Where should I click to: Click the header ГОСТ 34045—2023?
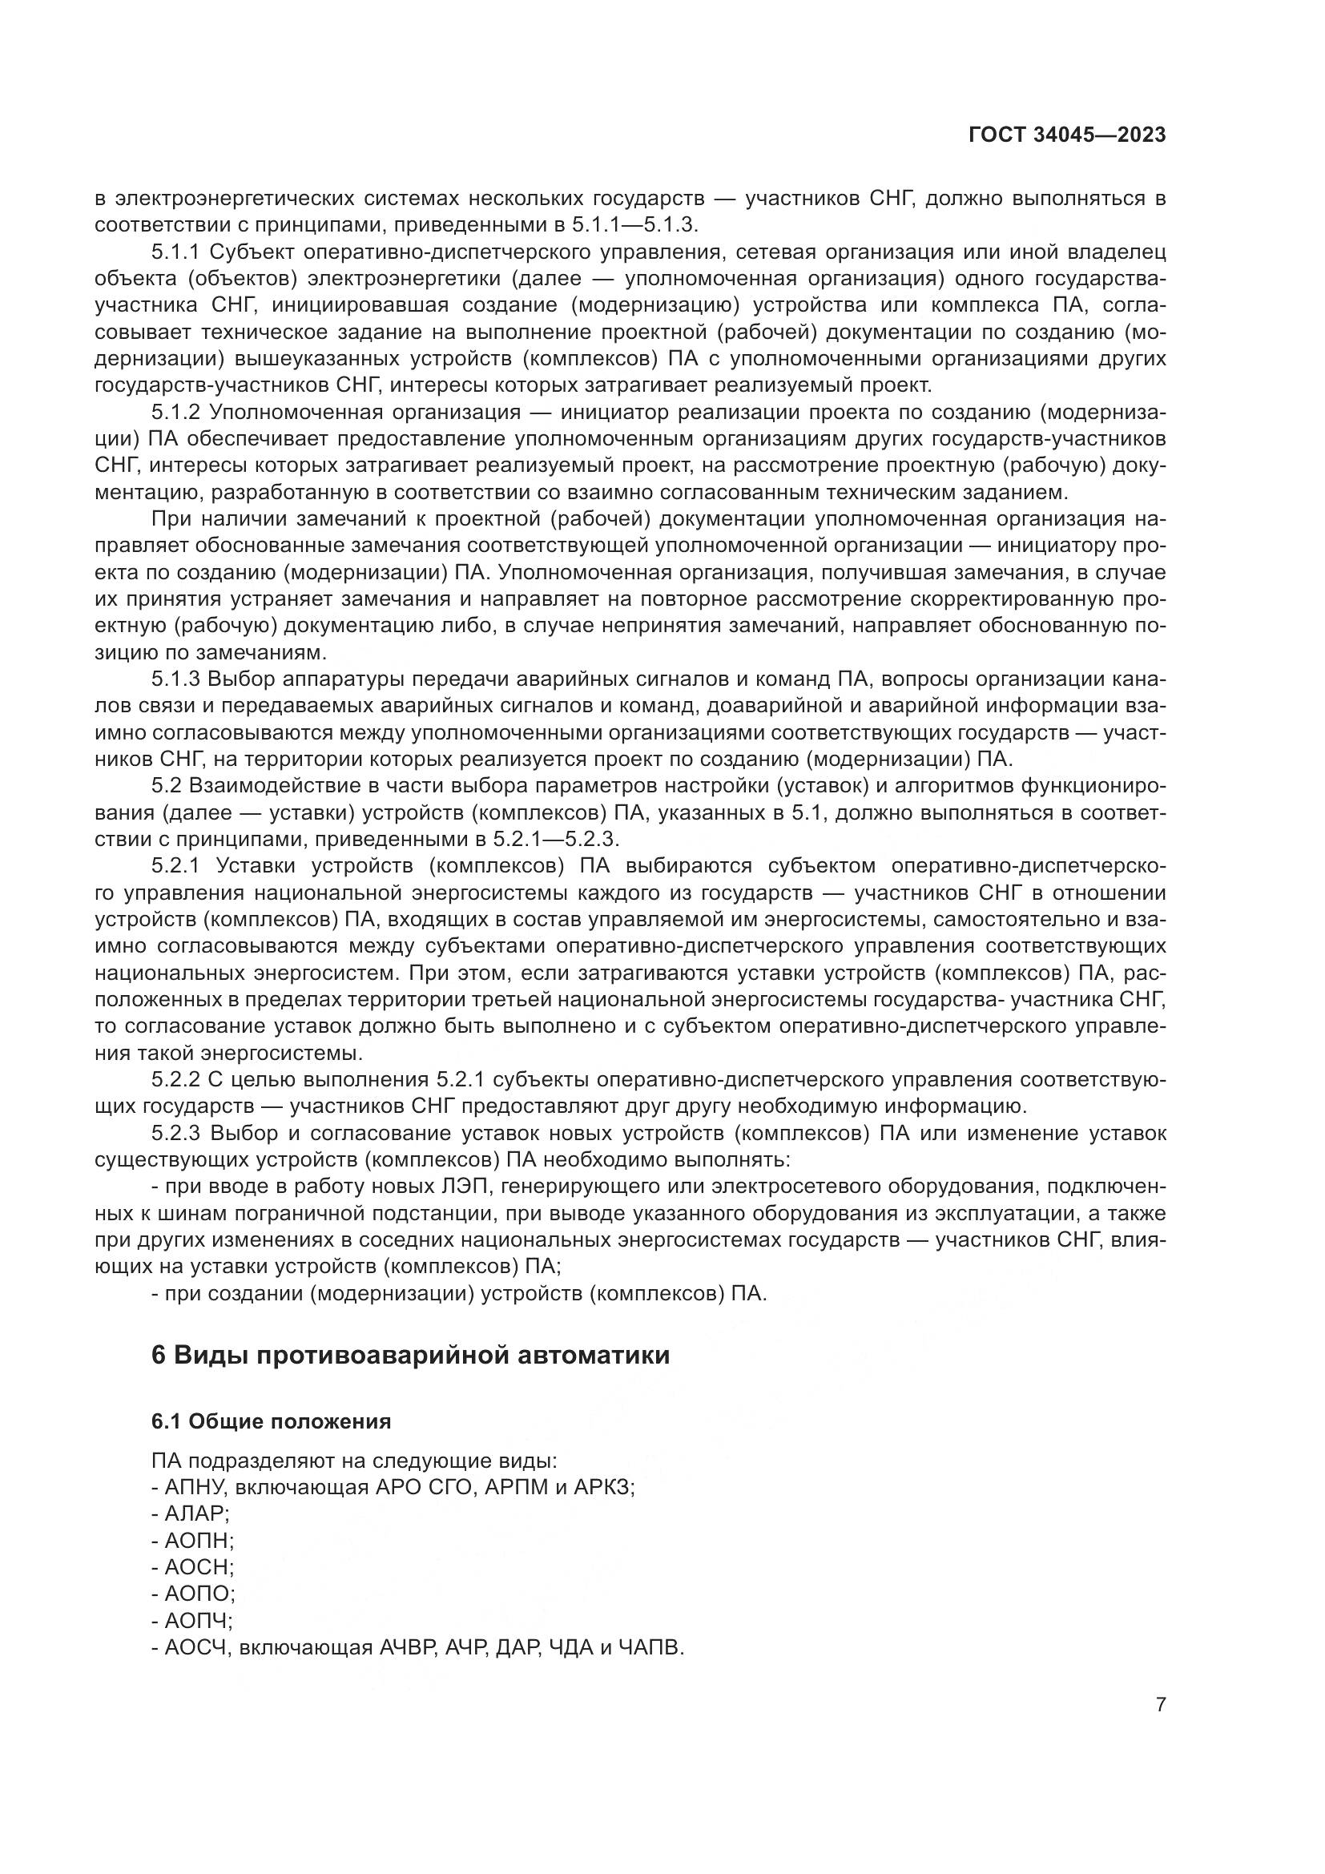pos(1067,135)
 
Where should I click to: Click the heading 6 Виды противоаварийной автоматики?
pos(410,1354)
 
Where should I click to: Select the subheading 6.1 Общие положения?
pos(271,1421)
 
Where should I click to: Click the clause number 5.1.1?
pos(175,252)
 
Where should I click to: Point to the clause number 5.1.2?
pos(175,412)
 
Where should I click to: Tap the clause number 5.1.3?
pos(175,679)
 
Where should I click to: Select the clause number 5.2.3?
pos(175,1132)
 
